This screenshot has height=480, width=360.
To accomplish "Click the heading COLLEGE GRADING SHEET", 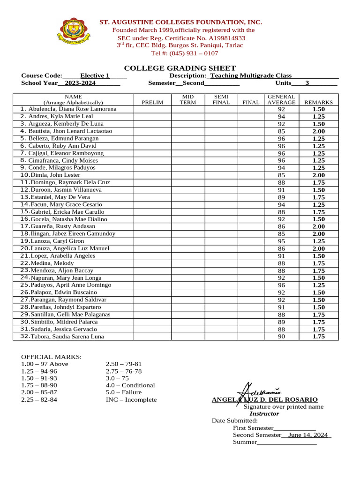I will (180, 68).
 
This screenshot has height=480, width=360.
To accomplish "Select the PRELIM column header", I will (152, 102).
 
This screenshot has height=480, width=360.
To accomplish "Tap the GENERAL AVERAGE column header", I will (281, 99).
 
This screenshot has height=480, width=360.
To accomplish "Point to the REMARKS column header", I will (319, 102).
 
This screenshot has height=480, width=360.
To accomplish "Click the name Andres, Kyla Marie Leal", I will (60, 116).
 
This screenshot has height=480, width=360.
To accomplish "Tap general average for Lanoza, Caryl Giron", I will (281, 241).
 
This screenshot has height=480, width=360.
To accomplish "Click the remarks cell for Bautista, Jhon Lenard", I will (319, 131).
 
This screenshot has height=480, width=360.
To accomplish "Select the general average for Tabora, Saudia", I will (281, 337).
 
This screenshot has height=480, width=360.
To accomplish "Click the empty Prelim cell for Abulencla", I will (152, 109).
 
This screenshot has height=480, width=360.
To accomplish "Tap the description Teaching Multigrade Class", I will (251, 75).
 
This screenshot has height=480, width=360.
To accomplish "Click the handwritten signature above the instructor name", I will (258, 390).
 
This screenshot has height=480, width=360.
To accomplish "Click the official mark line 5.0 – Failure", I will (124, 392).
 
